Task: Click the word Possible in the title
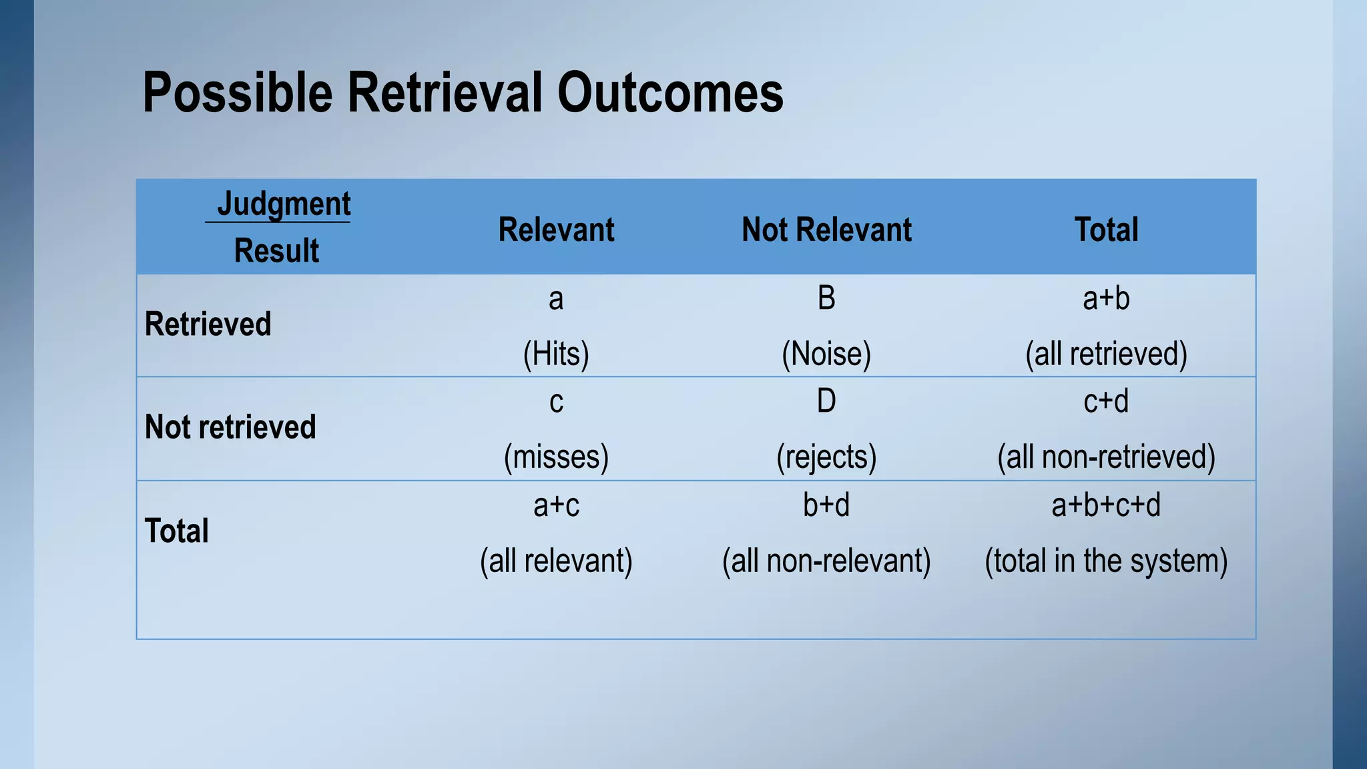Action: pos(237,93)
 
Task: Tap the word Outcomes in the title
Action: pos(670,93)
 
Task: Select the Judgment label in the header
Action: pos(284,204)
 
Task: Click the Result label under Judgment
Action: pos(276,251)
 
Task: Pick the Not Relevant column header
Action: pos(826,230)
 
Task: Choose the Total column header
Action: pos(1106,230)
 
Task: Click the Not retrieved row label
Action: pos(230,427)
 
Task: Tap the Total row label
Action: pos(177,531)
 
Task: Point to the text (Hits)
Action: pos(556,354)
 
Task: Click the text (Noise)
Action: pos(826,354)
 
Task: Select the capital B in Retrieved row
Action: pos(826,298)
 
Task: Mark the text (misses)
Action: pos(556,457)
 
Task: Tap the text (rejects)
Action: pos(826,457)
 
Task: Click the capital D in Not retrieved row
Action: pos(826,401)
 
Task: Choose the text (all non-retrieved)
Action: pos(1106,457)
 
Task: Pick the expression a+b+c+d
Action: pos(1106,505)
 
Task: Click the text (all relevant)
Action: pos(556,561)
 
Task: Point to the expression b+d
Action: pos(826,505)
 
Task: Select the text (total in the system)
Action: pos(1106,561)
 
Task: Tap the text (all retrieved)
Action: pos(1106,354)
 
